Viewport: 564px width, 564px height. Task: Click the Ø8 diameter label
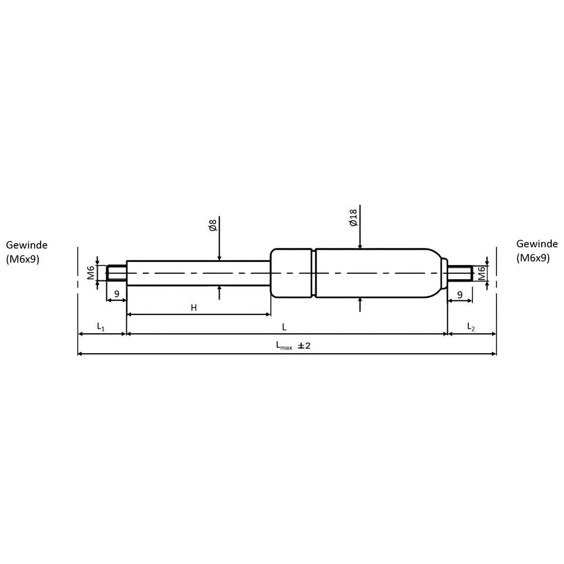[213, 226]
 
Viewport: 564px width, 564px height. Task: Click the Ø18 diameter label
[353, 217]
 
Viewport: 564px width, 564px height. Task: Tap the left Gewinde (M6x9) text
[26, 252]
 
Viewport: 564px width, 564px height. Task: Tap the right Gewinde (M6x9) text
[537, 251]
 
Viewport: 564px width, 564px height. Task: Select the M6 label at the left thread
[91, 273]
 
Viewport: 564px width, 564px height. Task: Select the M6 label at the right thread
[481, 273]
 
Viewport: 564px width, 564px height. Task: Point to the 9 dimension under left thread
[116, 294]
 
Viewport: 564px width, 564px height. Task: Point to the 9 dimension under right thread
[459, 296]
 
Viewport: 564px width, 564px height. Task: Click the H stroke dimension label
[194, 308]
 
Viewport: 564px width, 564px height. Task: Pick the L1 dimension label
[100, 327]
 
